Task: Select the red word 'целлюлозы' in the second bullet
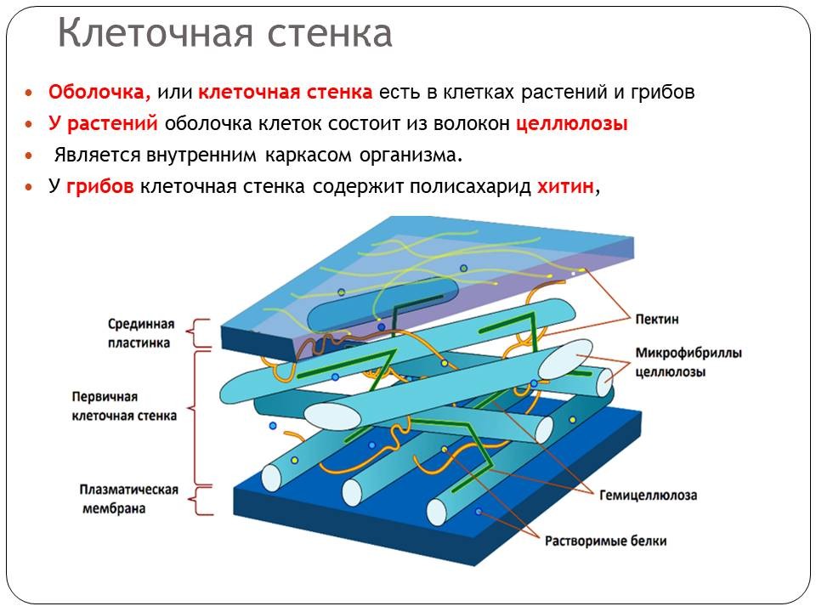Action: (x=571, y=124)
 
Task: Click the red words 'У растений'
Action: (x=103, y=124)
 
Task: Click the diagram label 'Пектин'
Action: (x=656, y=319)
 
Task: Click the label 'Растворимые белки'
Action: (x=606, y=541)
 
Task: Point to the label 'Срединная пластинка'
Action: (x=141, y=333)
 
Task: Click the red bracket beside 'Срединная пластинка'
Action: (x=199, y=334)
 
